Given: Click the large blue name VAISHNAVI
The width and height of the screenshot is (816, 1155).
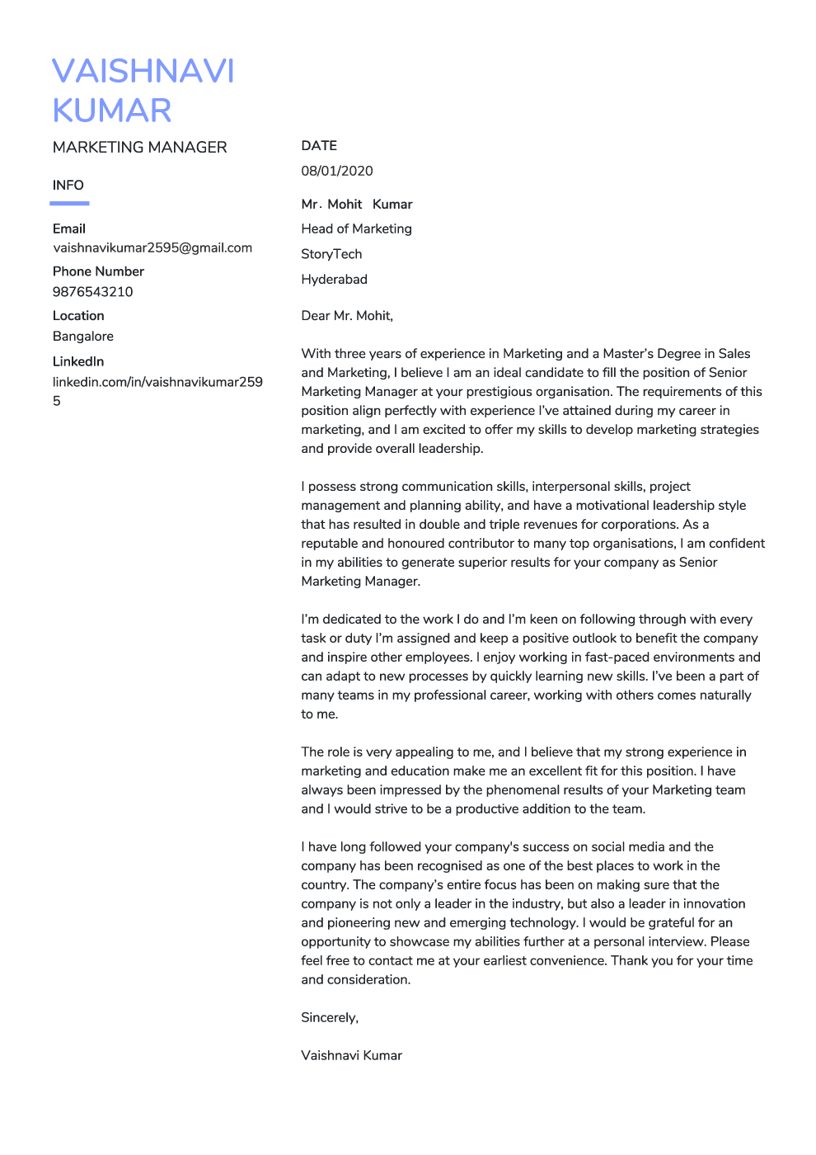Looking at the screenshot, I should point(143,72).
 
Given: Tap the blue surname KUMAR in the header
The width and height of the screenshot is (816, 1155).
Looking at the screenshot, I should point(112,111).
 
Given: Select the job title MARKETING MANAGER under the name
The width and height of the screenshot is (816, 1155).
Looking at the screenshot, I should point(139,148).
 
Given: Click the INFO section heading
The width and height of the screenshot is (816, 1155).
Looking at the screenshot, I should point(68,186).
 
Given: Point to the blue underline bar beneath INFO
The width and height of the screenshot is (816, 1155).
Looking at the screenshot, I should point(70,203).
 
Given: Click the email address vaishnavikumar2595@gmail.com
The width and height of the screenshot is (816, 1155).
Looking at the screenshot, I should point(152,248).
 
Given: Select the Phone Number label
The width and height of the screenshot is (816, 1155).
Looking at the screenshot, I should point(98,271).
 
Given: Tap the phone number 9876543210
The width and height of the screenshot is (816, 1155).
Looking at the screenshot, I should point(92,292).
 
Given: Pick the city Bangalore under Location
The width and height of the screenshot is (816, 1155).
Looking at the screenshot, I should point(83,337).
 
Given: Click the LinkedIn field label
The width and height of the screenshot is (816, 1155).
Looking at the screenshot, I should point(78,361).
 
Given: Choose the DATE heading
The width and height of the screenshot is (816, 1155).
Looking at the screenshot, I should point(319,146).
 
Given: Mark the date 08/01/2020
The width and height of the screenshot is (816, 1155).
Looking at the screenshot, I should point(337,172).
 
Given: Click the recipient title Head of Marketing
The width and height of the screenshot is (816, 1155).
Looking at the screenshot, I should point(356,229).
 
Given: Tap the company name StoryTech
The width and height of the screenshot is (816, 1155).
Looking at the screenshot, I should point(331,254).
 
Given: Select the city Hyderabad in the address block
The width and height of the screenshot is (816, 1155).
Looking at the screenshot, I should point(334,280).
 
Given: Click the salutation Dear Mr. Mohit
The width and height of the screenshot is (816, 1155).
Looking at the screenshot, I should point(347,316).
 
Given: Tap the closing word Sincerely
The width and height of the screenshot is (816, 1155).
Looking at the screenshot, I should point(330,1018).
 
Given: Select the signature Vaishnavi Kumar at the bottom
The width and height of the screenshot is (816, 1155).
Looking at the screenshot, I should point(351,1056).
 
